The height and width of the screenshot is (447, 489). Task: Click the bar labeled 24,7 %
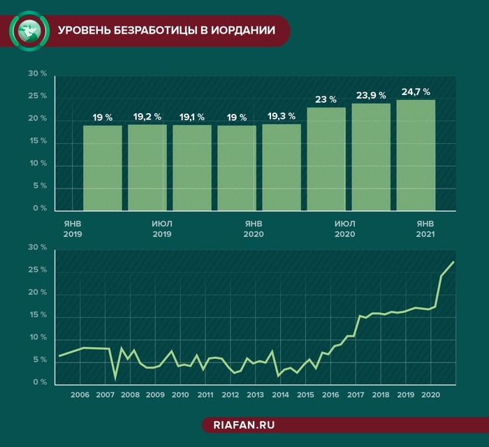416,155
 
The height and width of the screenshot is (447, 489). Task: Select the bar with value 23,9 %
371,157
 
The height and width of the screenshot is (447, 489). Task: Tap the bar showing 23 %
326,159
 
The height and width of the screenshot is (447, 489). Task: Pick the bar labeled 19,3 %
282,168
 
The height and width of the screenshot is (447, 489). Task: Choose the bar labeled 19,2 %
147,168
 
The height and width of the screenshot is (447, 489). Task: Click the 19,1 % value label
192,117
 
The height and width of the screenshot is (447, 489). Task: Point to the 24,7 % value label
416,92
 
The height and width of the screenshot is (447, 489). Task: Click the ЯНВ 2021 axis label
425,228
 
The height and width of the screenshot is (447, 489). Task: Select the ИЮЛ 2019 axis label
161,228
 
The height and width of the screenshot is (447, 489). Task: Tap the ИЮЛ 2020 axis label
345,228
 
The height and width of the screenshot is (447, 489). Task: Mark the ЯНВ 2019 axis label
73,228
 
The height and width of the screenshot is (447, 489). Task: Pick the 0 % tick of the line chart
39,383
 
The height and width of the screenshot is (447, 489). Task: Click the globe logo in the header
29,29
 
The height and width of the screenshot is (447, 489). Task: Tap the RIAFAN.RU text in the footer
245,424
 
